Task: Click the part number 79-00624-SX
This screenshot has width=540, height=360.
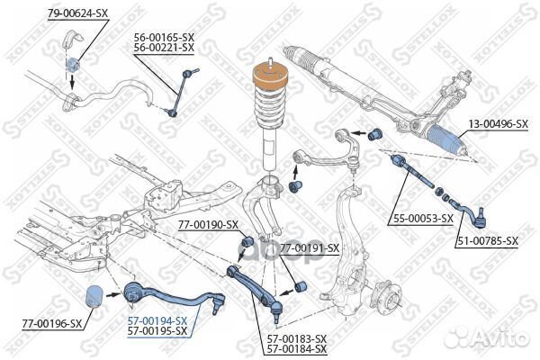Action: click(x=77, y=13)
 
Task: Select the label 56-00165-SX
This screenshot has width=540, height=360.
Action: click(x=164, y=36)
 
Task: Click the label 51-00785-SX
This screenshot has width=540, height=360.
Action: click(x=487, y=241)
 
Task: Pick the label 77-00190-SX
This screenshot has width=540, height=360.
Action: click(x=207, y=224)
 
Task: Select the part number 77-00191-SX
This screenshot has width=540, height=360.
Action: click(x=309, y=247)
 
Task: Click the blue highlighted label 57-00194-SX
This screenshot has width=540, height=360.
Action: click(x=157, y=320)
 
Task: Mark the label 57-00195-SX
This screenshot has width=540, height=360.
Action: click(x=157, y=331)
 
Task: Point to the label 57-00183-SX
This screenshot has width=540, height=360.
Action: click(x=296, y=337)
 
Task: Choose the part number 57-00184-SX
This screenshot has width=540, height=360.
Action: click(x=296, y=348)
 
